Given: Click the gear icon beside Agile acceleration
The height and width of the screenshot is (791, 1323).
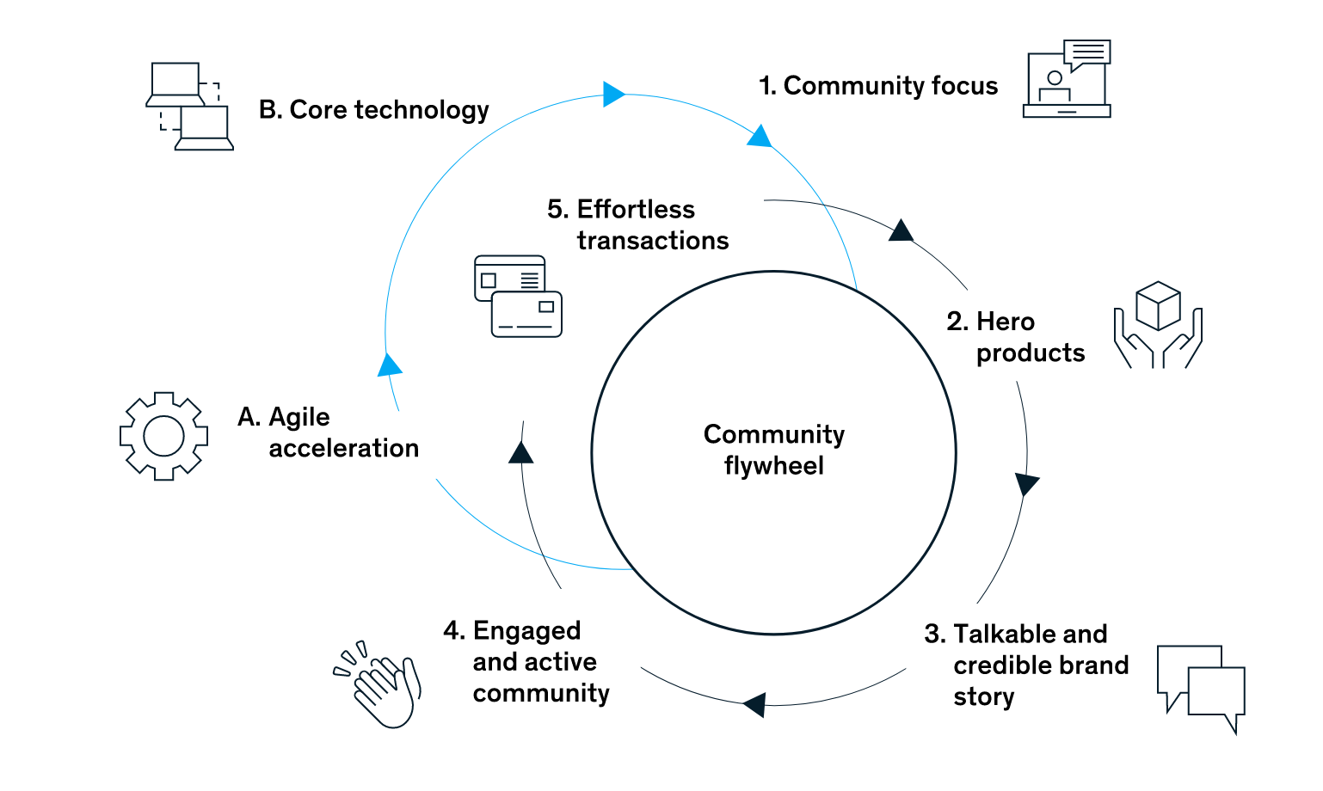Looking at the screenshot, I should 163,436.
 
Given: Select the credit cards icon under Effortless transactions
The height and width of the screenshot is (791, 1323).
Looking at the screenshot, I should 518,296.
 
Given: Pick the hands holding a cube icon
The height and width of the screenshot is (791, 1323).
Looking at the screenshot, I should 1158,325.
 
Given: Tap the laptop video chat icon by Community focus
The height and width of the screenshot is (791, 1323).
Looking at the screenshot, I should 1067,79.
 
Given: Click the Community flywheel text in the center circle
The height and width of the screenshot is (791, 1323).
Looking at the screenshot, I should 773,450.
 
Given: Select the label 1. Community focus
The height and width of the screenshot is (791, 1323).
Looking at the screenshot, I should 877,86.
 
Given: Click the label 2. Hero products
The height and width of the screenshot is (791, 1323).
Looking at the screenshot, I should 1015,337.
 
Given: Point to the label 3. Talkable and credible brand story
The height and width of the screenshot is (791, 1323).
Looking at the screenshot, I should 1025,665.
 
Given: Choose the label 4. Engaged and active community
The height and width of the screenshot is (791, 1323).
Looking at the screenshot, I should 526,661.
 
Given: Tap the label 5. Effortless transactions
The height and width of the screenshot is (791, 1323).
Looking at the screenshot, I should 637,224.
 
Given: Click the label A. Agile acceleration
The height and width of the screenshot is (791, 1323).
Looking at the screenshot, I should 328,432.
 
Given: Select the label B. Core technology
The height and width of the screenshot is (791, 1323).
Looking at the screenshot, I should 373,110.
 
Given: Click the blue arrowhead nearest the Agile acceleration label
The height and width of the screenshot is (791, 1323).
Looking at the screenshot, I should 389,365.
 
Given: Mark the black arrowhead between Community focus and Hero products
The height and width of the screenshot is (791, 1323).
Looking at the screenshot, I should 900,231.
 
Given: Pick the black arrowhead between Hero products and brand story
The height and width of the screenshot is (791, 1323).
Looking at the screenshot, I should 1025,483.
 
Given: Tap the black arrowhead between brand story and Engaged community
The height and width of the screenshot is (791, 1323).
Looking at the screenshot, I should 755,704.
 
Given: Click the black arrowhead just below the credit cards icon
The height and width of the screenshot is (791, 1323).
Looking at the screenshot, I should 521,453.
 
